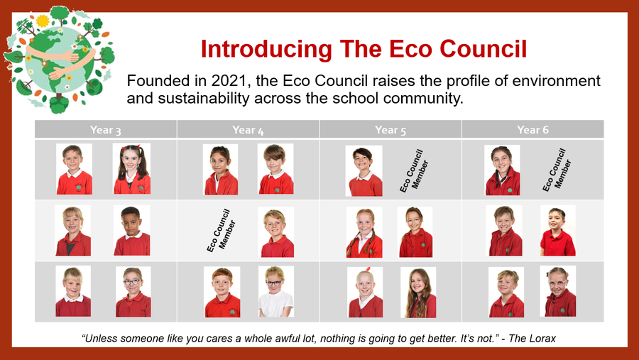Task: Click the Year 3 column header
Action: (106, 130)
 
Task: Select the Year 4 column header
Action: (248, 130)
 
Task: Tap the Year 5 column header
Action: (390, 130)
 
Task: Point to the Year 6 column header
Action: (532, 130)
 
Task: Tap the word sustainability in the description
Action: (203, 98)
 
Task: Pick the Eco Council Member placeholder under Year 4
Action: (221, 231)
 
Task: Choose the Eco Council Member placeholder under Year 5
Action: (414, 171)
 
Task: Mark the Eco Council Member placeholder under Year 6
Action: (556, 170)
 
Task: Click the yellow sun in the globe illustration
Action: (43, 21)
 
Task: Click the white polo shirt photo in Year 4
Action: (276, 292)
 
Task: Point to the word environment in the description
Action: (556, 81)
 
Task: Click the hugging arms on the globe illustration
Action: (61, 61)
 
